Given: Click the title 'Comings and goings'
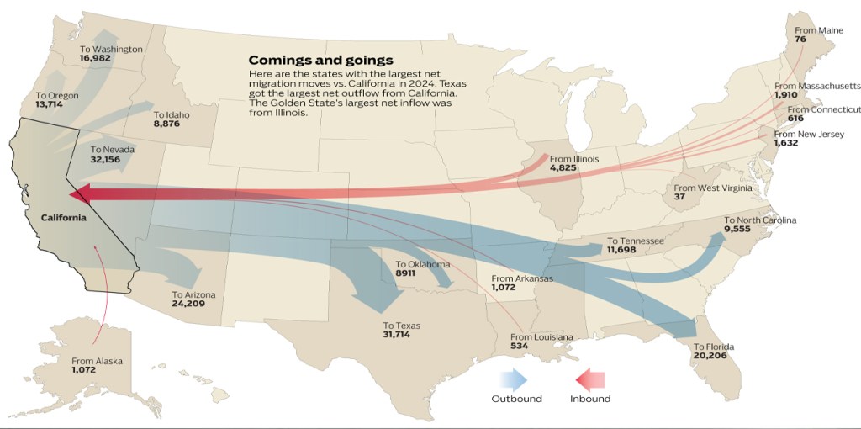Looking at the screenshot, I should pos(320,61).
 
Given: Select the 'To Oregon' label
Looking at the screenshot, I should pos(57,96).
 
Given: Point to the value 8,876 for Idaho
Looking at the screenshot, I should pos(168,124).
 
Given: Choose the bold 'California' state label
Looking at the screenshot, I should pos(63,218).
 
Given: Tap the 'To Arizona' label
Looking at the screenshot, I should pos(193,294).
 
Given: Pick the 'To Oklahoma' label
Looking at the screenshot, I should pos(422,264).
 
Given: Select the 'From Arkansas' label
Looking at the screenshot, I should pos(522,278).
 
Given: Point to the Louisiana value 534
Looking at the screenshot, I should pos(519,346).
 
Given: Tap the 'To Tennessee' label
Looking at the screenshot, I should pos(636,241).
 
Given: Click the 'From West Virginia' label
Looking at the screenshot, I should pos(713,188).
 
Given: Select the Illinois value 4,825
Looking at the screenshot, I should pos(563,168).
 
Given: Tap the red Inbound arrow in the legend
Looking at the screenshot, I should pos(590,379).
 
